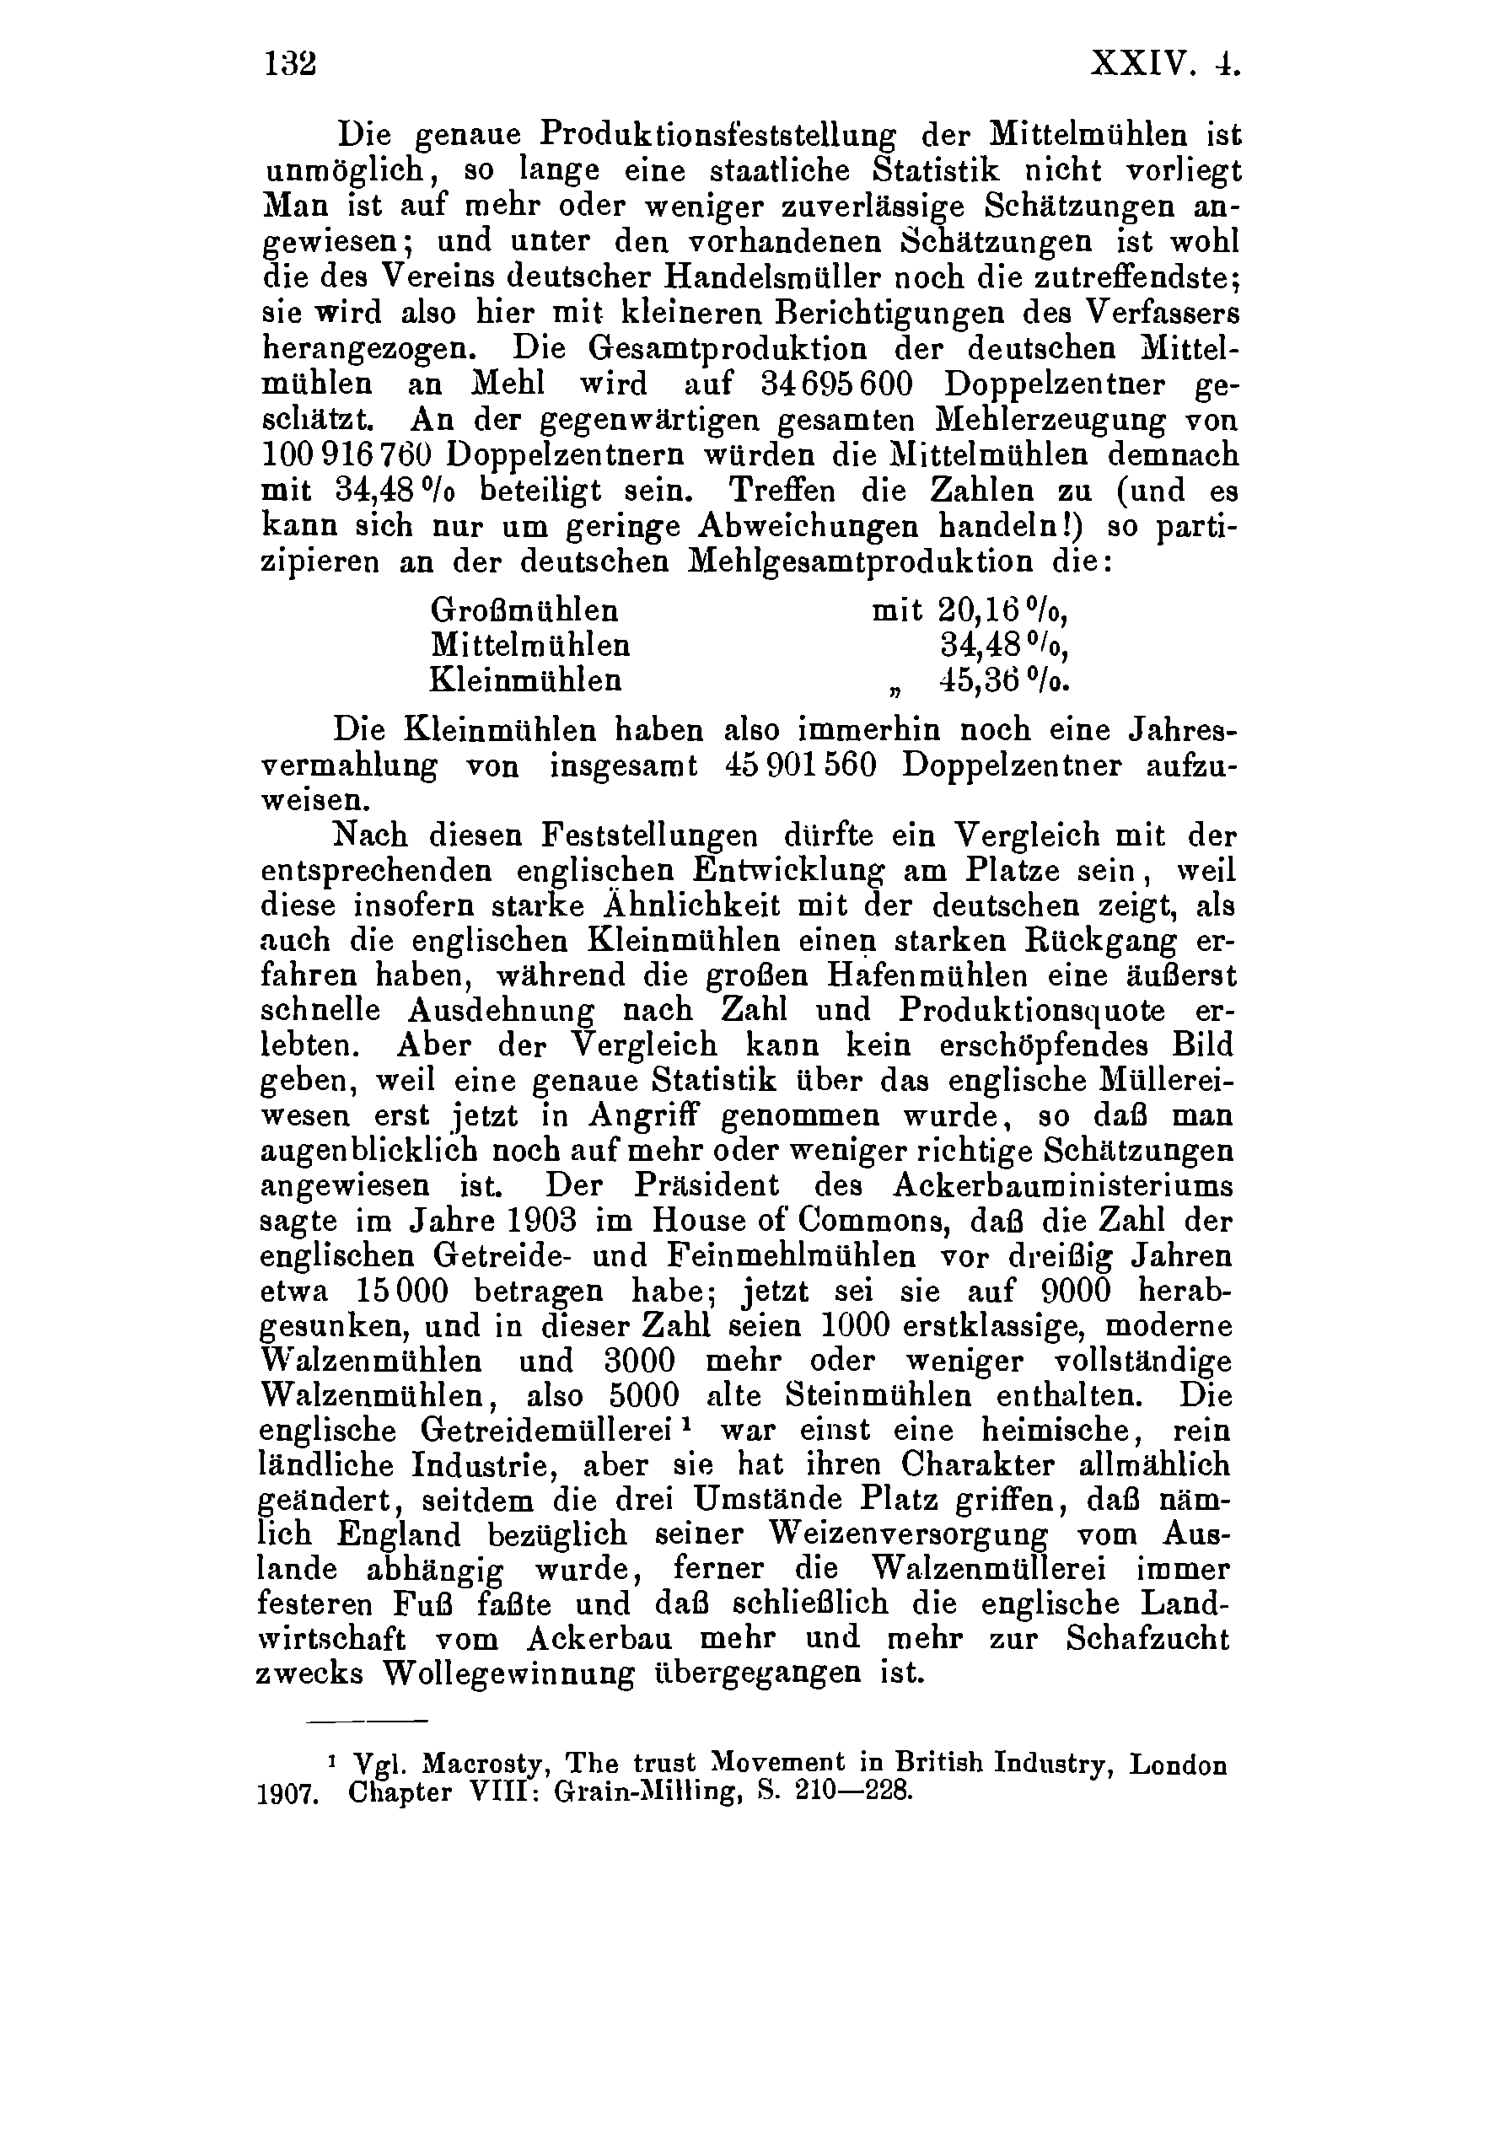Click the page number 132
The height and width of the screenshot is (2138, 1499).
pyautogui.click(x=291, y=63)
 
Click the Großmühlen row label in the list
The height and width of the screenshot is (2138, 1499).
pyautogui.click(x=524, y=611)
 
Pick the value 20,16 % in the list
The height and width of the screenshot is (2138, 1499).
pyautogui.click(x=1002, y=611)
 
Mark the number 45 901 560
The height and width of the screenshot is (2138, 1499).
pyautogui.click(x=800, y=765)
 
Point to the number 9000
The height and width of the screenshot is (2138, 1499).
pyautogui.click(x=1076, y=1292)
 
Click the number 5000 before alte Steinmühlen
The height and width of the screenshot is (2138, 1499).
pyautogui.click(x=643, y=1397)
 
